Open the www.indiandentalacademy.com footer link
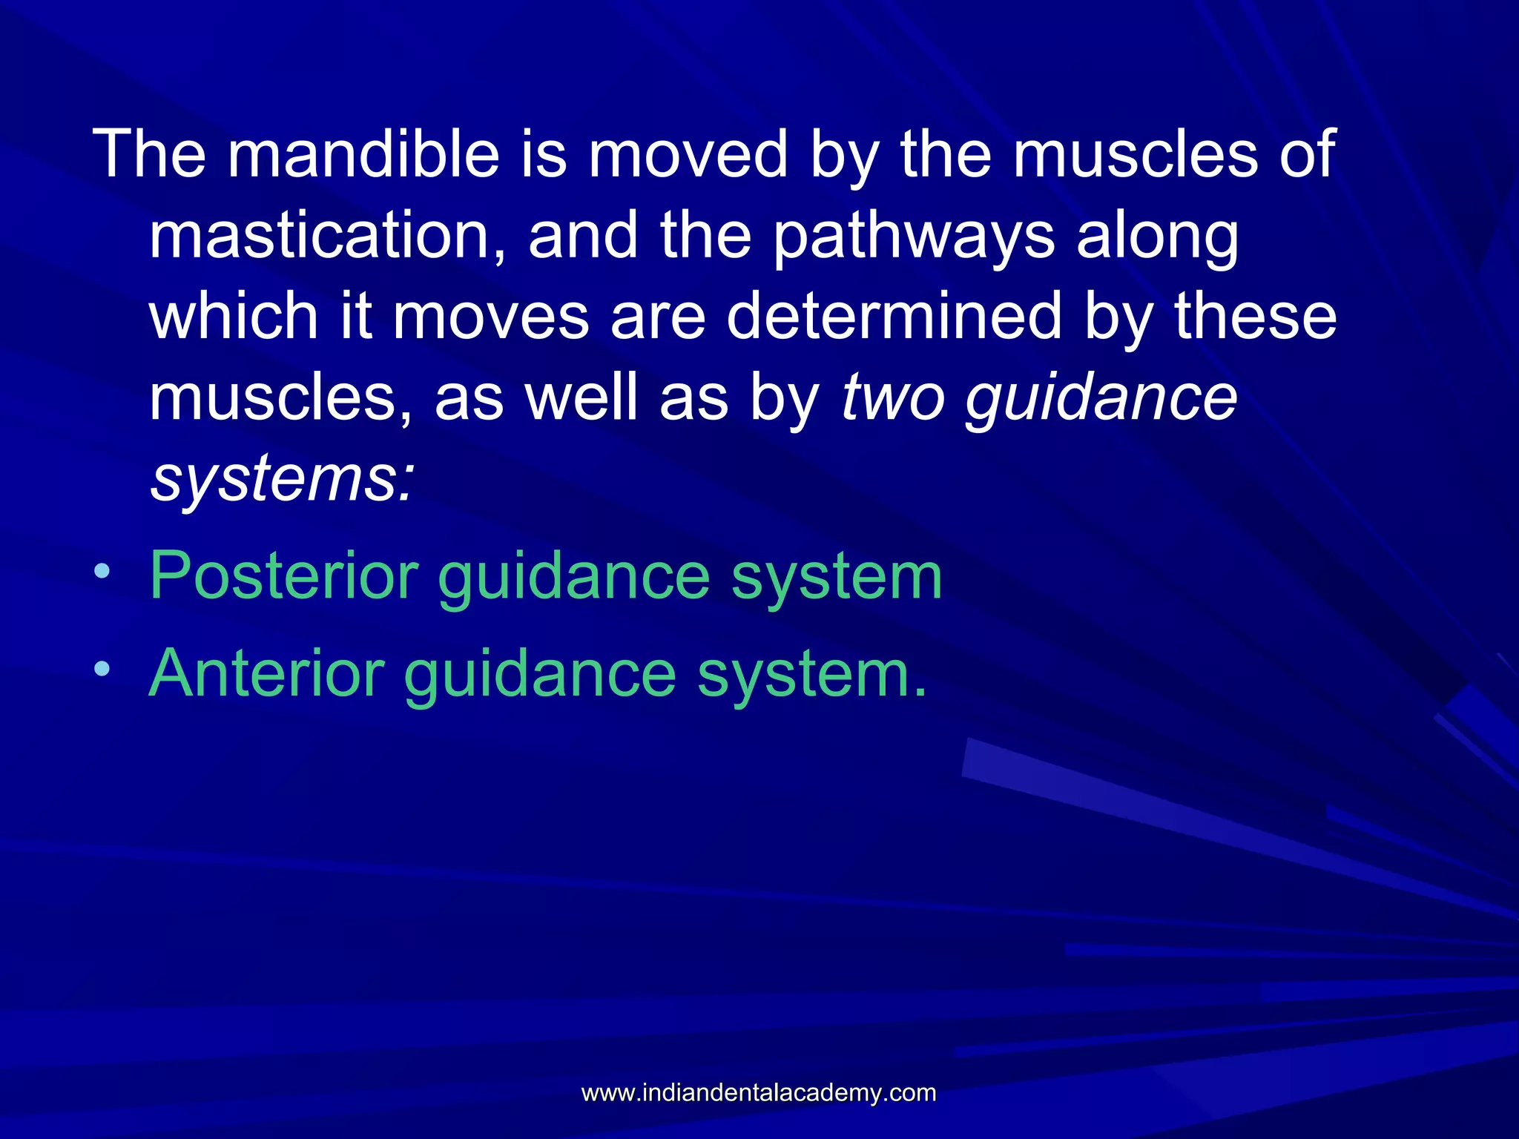click(x=759, y=1092)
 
